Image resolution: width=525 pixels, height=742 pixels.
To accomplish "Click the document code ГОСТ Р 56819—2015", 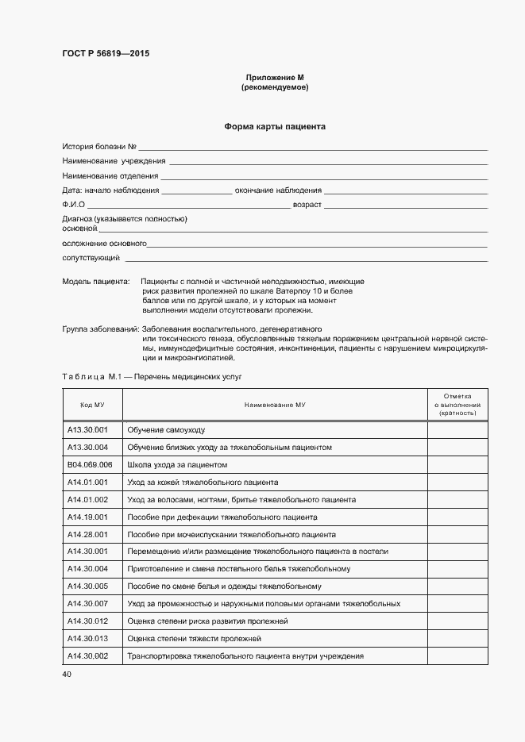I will click(x=106, y=54).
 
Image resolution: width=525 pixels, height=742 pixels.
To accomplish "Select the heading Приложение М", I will click(x=275, y=77).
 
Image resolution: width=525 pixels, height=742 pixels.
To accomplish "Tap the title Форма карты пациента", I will click(x=275, y=126).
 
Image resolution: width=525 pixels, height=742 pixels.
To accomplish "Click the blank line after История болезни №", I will click(x=313, y=148).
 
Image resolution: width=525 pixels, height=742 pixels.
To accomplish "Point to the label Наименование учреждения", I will click(x=109, y=161).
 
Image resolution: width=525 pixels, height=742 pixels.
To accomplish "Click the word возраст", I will click(x=307, y=205).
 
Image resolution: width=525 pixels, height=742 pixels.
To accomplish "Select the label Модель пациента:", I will click(x=95, y=282).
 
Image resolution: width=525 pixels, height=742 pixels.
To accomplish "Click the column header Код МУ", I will click(x=92, y=405).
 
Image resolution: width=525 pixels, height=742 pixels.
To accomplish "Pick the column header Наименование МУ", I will click(x=275, y=405).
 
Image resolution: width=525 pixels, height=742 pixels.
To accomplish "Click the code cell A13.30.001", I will click(x=87, y=430).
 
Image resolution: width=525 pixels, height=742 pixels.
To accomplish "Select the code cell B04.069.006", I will click(x=90, y=464).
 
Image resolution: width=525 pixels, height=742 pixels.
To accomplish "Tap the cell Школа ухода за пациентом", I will click(x=177, y=465).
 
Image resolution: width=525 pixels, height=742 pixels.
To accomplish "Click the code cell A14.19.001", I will click(x=87, y=517).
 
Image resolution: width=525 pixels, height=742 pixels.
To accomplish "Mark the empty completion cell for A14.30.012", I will click(x=457, y=621).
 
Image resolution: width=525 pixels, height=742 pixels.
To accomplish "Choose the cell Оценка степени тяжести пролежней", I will click(x=194, y=639).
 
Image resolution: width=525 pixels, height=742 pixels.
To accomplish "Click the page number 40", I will click(x=68, y=675).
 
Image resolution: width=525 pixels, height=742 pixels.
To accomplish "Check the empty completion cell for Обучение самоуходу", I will click(x=457, y=430).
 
